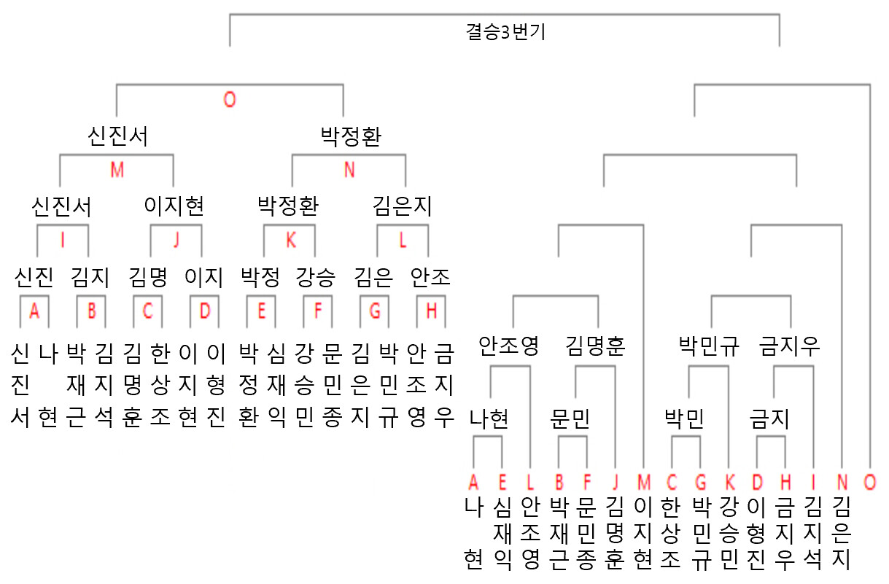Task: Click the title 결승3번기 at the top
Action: [505, 32]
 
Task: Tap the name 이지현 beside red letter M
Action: [174, 206]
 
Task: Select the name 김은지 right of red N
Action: [402, 206]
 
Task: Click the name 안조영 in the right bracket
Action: [509, 346]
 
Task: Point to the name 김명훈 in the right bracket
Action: [595, 346]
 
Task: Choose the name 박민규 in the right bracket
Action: [709, 346]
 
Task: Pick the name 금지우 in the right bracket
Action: [789, 346]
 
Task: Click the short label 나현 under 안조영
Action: [489, 418]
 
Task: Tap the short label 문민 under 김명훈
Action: [570, 418]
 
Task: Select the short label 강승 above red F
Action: [316, 277]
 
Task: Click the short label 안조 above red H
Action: [430, 277]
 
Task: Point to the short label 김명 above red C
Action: [148, 277]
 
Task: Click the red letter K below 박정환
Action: [291, 240]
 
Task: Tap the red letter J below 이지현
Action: [176, 240]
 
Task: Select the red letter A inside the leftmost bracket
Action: [34, 311]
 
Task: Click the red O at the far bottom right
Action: [870, 483]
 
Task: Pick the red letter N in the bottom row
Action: [842, 483]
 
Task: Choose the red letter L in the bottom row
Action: [530, 483]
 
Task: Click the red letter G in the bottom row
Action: [701, 483]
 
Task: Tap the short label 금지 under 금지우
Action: [769, 418]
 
